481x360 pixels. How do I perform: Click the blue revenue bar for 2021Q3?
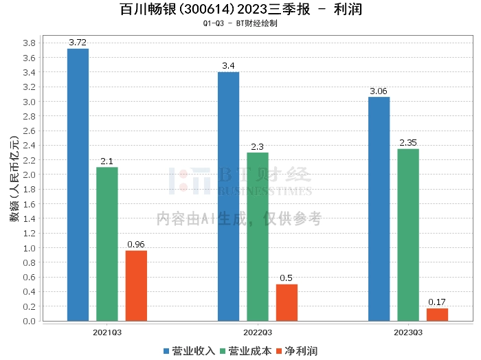click(x=78, y=185)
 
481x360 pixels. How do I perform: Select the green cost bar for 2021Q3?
click(x=107, y=244)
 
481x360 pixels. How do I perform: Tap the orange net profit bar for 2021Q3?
click(x=136, y=286)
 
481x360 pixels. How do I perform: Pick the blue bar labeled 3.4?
click(x=229, y=196)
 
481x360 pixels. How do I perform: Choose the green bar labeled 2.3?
click(x=258, y=236)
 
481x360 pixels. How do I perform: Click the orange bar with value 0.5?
click(x=287, y=302)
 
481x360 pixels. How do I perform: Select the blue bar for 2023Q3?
click(x=379, y=209)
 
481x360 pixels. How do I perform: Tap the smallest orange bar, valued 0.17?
click(x=437, y=315)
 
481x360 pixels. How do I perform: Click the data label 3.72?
click(x=78, y=43)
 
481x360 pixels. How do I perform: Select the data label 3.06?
click(x=379, y=91)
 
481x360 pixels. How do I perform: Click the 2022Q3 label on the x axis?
click(x=258, y=332)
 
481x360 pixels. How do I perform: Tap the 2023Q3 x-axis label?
click(x=407, y=332)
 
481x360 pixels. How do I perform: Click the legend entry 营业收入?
click(x=189, y=351)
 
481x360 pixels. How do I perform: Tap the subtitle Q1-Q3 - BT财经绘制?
click(x=240, y=23)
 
